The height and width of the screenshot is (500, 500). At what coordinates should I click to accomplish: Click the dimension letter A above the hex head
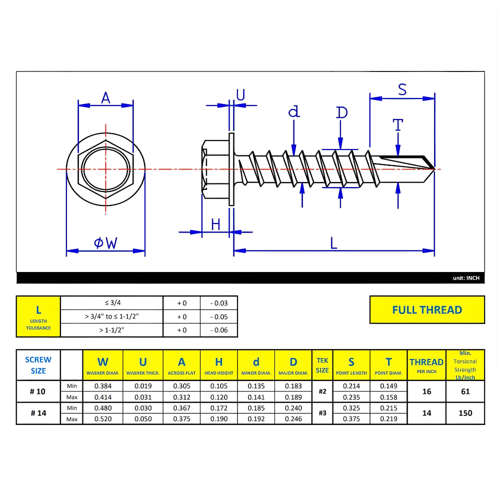click(105, 97)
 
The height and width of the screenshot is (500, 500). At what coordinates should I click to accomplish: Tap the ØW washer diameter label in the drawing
click(105, 243)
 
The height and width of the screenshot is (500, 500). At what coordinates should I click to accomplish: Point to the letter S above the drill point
click(402, 89)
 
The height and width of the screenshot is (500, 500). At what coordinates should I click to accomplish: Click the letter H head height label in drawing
click(215, 224)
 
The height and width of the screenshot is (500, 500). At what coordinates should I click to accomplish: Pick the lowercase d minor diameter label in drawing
click(294, 111)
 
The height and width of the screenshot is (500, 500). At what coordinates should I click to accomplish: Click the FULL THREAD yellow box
click(427, 309)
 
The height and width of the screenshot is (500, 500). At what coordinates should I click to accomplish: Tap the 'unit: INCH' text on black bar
click(465, 278)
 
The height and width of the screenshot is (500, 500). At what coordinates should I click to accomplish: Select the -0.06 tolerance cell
click(218, 330)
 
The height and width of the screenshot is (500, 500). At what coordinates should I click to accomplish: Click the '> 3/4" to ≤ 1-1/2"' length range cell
click(112, 316)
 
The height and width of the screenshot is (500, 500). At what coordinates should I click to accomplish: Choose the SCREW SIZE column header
click(38, 365)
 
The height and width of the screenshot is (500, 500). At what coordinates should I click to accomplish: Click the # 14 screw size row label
click(38, 413)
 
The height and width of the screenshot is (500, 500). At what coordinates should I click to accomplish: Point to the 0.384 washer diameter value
click(103, 386)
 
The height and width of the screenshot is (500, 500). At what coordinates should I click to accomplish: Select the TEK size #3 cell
click(322, 413)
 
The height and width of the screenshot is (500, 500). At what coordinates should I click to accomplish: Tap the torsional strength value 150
click(465, 413)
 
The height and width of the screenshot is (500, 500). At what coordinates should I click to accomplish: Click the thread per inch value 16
click(426, 391)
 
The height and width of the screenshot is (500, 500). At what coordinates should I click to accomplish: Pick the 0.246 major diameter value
click(293, 419)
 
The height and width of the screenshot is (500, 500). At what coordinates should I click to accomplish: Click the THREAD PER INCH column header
click(426, 365)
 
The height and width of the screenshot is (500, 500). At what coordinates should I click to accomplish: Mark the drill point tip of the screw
click(433, 169)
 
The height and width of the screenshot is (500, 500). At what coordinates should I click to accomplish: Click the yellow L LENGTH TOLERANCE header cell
click(38, 316)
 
